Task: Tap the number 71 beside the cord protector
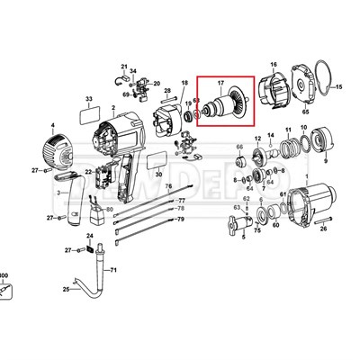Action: coord(113,270)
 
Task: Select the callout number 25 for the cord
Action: coord(66,290)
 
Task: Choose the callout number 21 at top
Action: coord(125,66)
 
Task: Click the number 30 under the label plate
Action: coord(158,175)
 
